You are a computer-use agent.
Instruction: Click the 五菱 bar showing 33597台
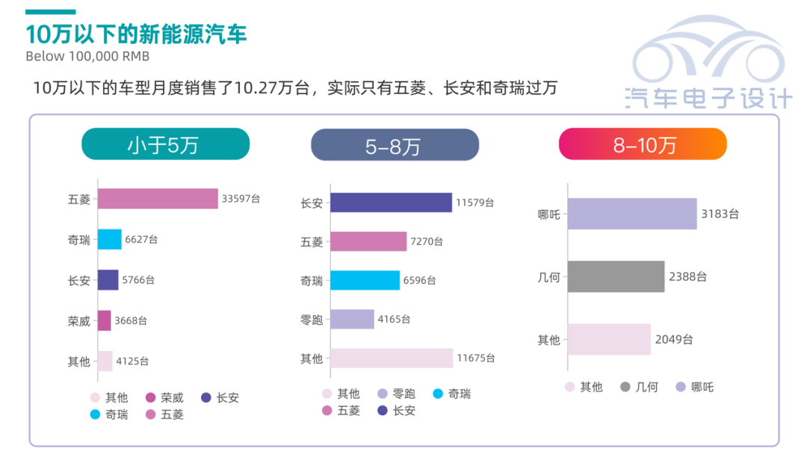click(158, 199)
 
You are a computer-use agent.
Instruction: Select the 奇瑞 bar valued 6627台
click(109, 239)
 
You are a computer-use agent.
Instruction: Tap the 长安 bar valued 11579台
click(391, 202)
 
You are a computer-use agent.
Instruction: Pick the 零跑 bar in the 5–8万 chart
click(352, 319)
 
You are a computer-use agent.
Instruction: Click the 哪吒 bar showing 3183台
click(631, 214)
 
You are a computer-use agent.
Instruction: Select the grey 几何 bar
click(616, 276)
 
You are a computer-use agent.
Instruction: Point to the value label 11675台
click(476, 358)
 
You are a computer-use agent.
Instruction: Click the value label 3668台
click(131, 320)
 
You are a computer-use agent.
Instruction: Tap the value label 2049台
click(674, 340)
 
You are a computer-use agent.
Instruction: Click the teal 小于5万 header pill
click(165, 144)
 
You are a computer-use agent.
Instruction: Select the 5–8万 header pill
click(395, 145)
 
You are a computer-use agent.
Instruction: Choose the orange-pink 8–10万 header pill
click(643, 144)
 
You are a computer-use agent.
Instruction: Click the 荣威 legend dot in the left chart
click(150, 398)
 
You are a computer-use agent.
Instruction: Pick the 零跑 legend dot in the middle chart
click(383, 394)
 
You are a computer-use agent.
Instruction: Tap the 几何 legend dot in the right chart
click(625, 387)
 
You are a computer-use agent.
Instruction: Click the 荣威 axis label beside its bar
click(78, 321)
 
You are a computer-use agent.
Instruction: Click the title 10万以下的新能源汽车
click(136, 34)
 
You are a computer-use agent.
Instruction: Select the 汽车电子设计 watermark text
click(708, 97)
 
